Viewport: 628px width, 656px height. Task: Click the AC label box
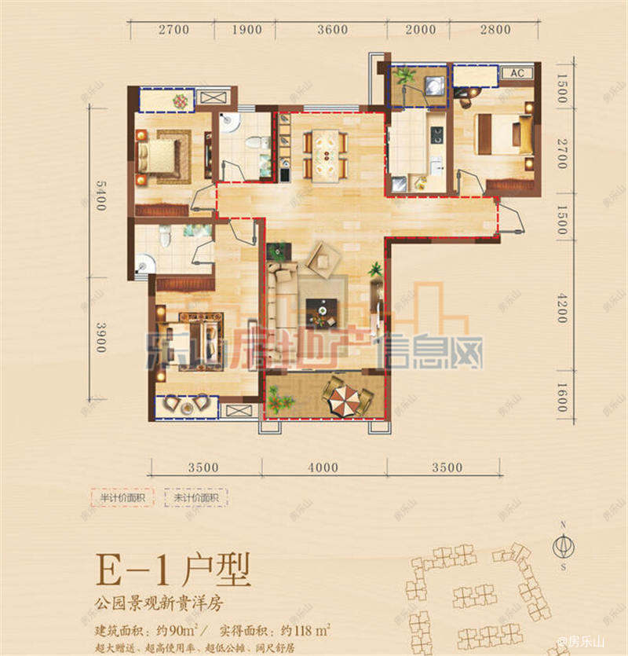[x=517, y=73]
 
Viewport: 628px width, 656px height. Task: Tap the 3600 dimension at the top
[x=333, y=31]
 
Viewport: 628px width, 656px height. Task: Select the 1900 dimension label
[x=247, y=31]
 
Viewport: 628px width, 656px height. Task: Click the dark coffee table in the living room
[x=320, y=311]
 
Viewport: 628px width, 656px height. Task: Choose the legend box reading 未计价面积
[x=195, y=498]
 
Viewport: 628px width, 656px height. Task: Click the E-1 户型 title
[x=171, y=568]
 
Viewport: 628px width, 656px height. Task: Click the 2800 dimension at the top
[x=495, y=31]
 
